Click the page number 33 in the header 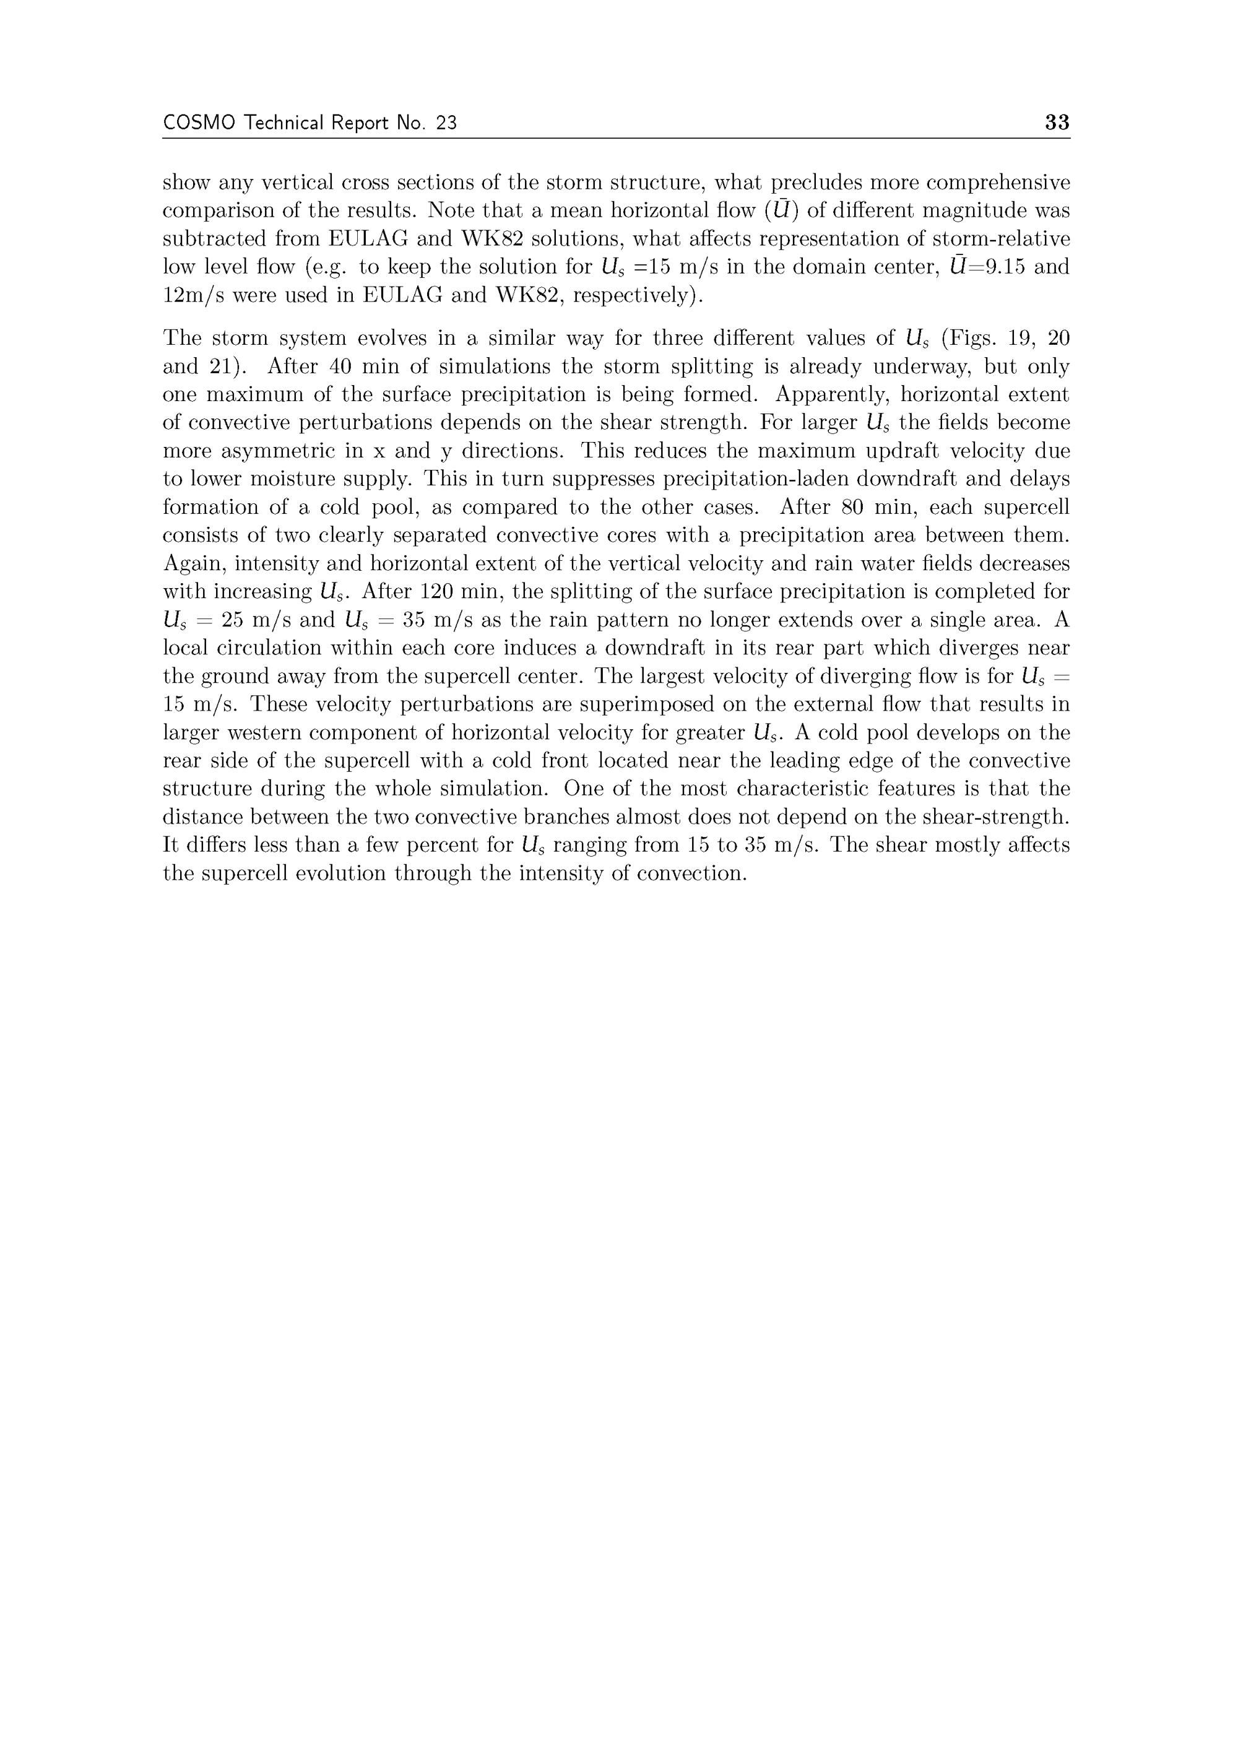[1057, 122]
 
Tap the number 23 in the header [446, 123]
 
